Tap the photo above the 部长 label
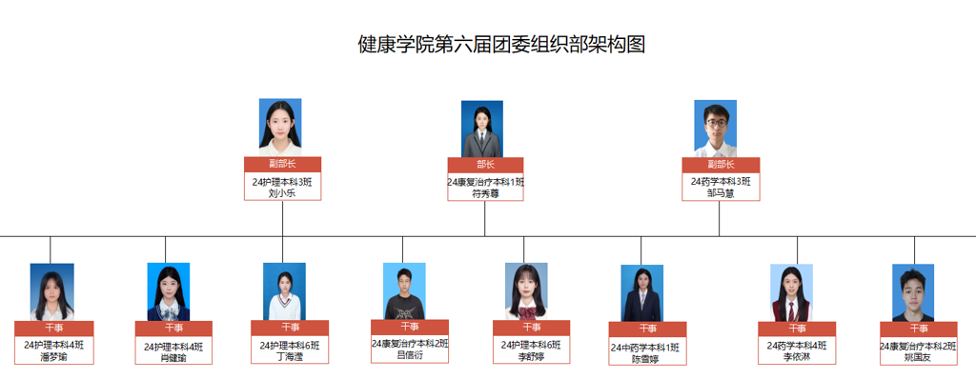point(482,129)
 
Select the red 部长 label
point(485,164)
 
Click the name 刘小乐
point(282,192)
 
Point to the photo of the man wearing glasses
point(715,129)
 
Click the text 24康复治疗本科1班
point(485,181)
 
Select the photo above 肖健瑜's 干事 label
point(169,291)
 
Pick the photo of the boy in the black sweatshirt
point(404,290)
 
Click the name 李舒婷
point(531,357)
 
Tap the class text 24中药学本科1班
point(647,348)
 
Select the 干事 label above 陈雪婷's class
point(647,329)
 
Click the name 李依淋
point(797,357)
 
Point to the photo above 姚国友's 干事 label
point(914,292)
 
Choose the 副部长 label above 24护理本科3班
point(282,164)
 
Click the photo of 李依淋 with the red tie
point(791,292)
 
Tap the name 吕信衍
point(410,356)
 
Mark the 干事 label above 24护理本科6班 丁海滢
point(290,328)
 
